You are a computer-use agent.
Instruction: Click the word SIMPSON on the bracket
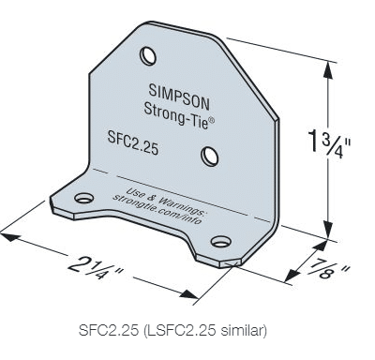point(179,97)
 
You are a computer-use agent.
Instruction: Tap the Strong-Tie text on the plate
point(176,115)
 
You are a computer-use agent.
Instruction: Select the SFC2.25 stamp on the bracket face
point(133,142)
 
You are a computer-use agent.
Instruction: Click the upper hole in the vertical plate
point(148,56)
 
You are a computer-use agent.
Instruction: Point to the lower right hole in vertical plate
point(210,157)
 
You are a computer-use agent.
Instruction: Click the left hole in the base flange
point(84,198)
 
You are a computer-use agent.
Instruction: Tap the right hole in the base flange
point(221,241)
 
